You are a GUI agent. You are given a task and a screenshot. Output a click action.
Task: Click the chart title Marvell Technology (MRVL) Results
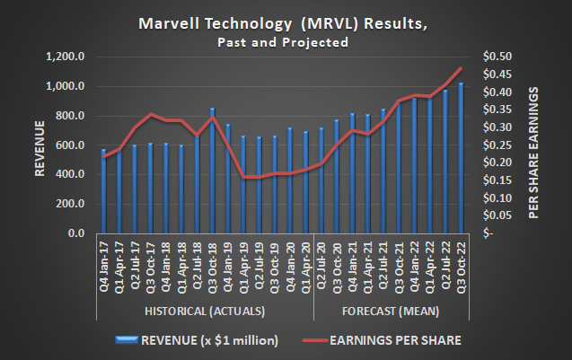286,23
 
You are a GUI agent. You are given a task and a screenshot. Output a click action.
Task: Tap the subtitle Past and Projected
286,41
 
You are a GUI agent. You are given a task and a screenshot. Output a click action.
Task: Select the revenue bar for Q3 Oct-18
212,171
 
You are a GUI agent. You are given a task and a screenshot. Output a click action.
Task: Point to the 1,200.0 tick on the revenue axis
74,57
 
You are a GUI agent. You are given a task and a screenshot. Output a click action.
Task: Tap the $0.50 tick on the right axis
496,57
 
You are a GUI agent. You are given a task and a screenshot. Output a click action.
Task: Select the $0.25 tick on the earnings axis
496,145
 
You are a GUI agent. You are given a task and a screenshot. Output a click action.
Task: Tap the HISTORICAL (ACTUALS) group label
204,311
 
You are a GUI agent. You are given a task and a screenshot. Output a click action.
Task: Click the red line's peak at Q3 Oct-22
462,68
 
